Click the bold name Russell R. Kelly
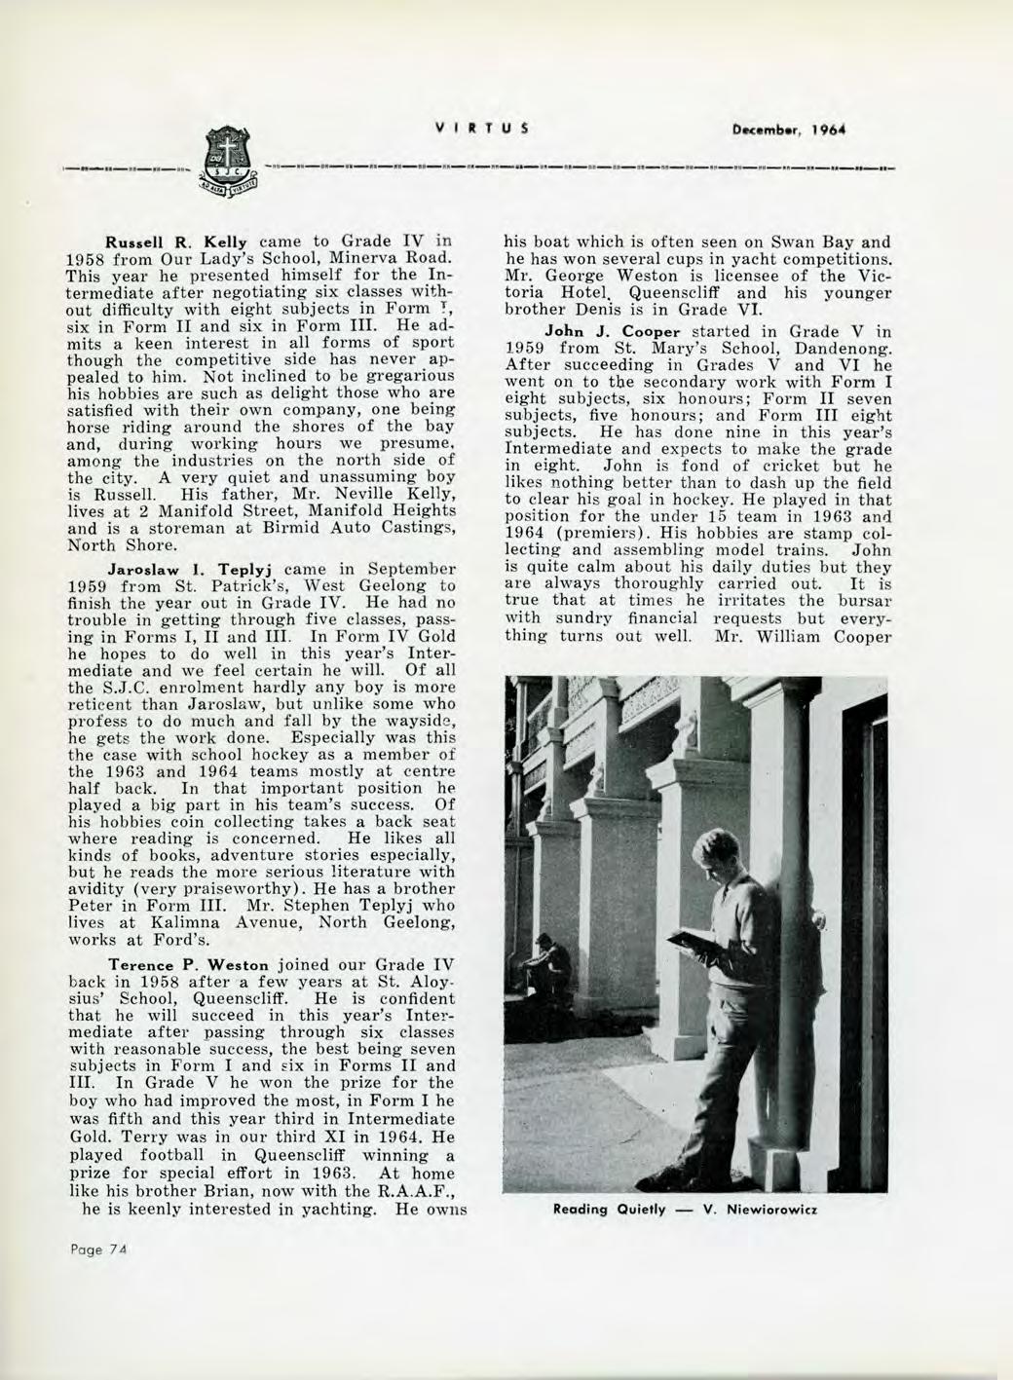click(173, 240)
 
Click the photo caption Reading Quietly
click(609, 1210)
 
